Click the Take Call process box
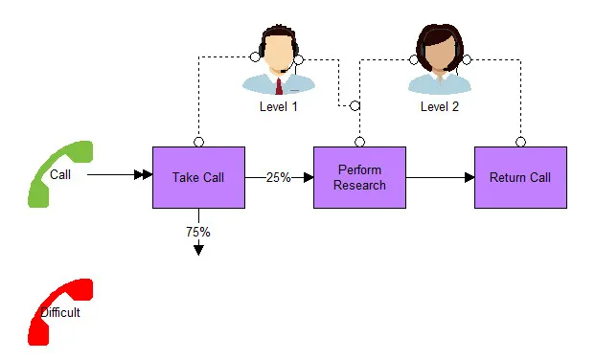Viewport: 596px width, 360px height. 198,177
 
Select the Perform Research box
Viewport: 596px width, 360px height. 359,177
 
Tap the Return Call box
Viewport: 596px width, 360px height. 520,177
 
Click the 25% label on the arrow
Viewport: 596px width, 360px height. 278,177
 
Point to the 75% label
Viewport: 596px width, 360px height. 198,232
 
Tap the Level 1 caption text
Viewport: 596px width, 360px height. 278,106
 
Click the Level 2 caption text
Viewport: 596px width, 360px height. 440,106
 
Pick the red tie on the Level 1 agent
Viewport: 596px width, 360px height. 279,86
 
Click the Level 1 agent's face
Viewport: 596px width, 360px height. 279,54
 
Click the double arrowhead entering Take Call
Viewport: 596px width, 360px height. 144,174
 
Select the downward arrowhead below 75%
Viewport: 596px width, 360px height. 198,250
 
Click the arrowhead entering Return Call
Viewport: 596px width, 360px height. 470,177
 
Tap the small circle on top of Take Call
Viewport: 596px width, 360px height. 198,142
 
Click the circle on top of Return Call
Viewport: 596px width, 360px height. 520,142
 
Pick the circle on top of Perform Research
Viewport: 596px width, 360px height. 360,142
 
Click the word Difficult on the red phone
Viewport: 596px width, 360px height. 60,312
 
